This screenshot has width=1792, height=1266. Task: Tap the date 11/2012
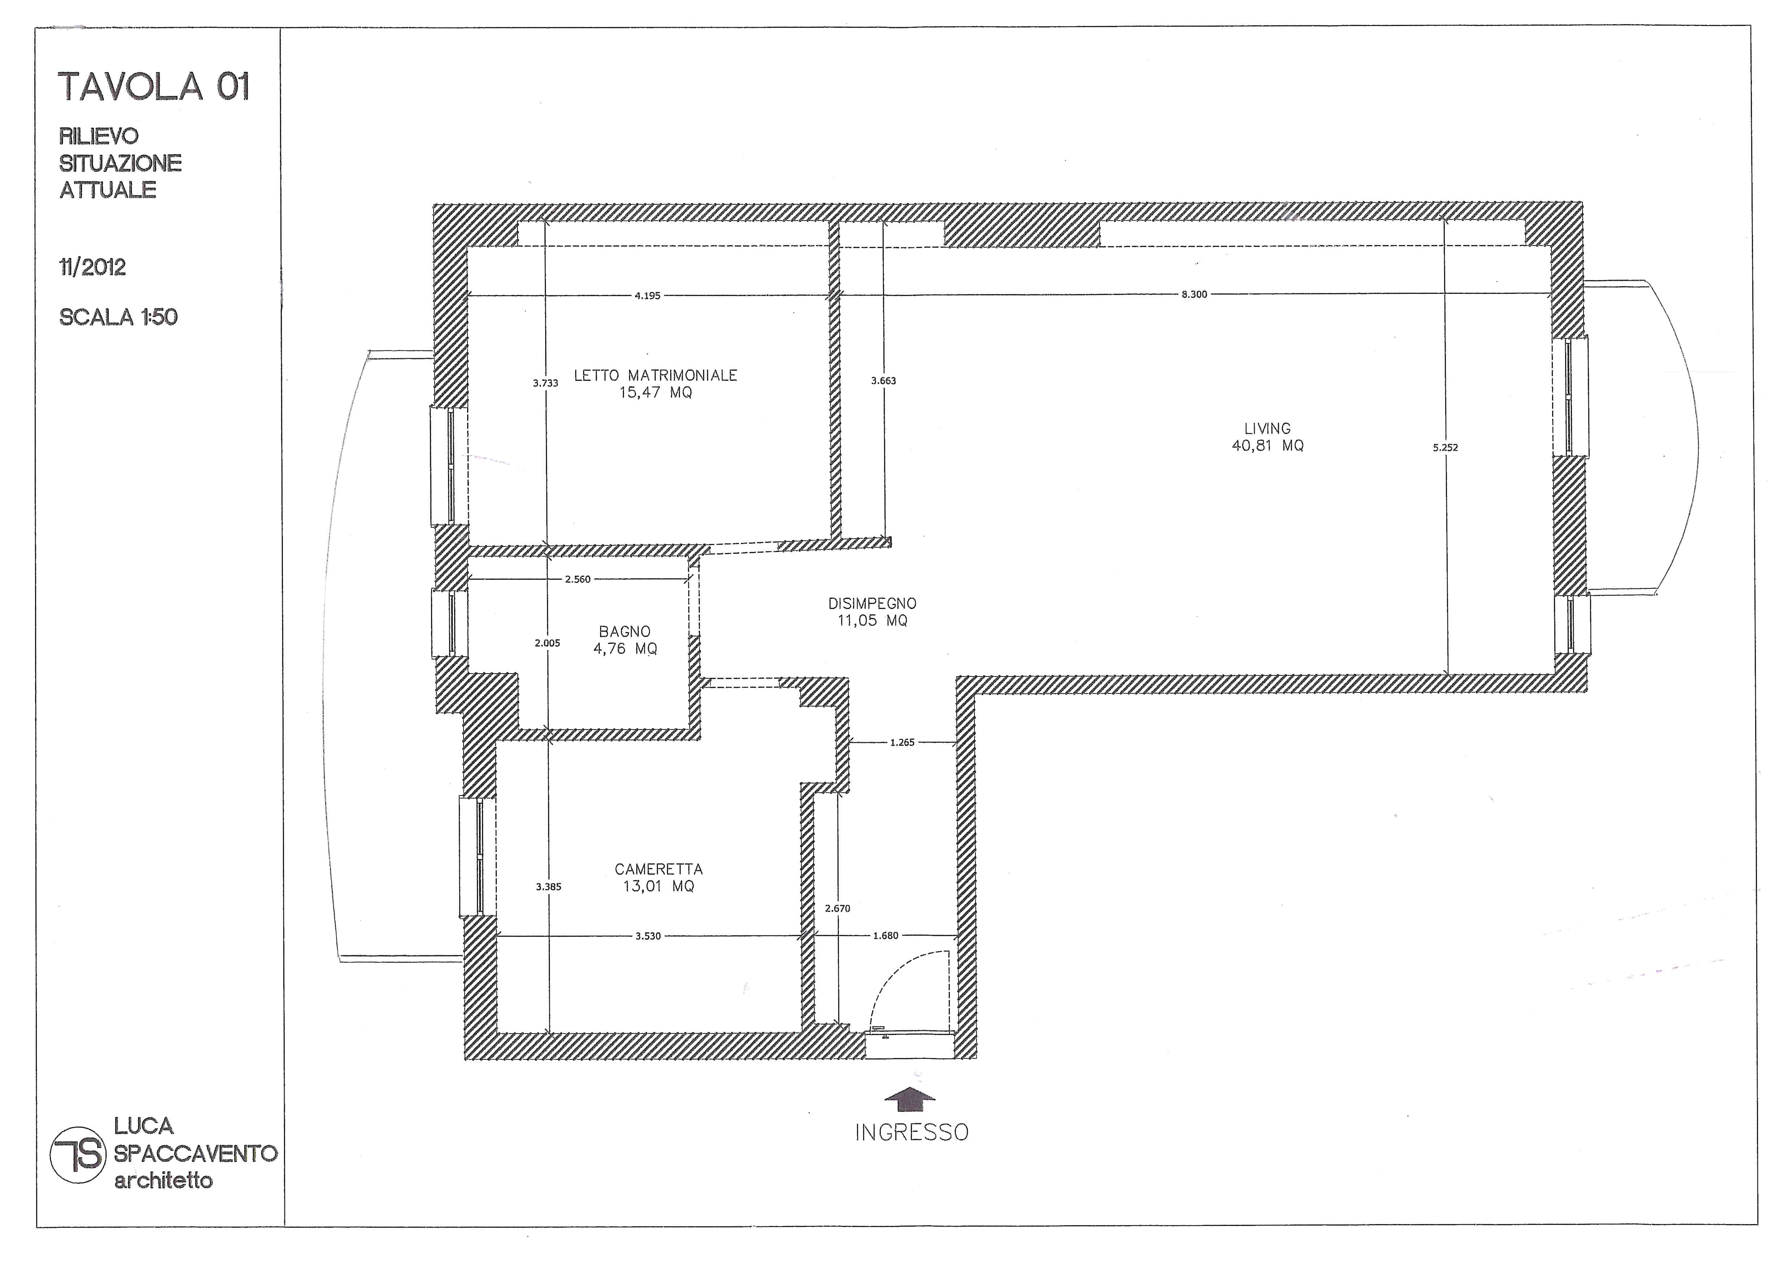(92, 267)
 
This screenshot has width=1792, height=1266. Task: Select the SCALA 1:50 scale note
(119, 317)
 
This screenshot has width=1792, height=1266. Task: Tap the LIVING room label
(1267, 428)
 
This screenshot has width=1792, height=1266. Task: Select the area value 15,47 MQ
(656, 392)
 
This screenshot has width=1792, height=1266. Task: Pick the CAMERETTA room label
(659, 869)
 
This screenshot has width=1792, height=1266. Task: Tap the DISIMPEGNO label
(873, 603)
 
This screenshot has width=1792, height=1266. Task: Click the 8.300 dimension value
(1194, 294)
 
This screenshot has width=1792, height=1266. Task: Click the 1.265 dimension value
(902, 743)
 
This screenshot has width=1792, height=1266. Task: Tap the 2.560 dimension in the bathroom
(578, 579)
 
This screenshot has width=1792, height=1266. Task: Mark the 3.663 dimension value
(883, 380)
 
